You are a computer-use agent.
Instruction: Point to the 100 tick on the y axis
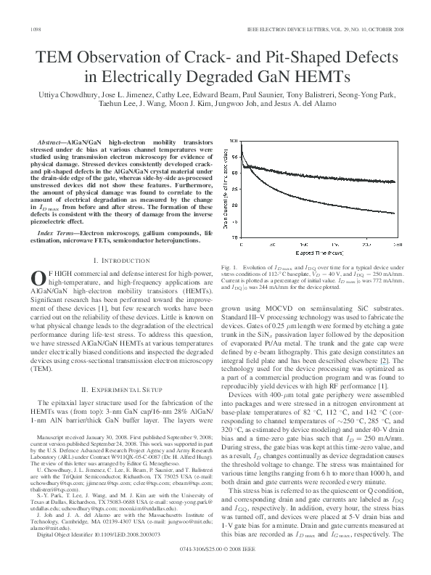(232, 139)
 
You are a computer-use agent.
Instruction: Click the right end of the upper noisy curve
(395, 182)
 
